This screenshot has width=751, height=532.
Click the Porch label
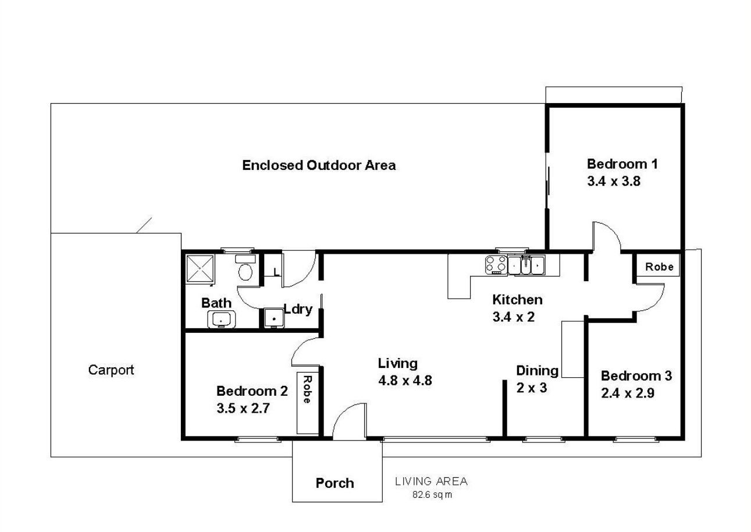pos(334,483)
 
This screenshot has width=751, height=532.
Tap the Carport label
pos(111,370)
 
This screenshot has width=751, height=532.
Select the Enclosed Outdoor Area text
pos(319,165)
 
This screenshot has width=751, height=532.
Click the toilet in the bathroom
pos(245,268)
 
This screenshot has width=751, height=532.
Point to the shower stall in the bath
pos(200,268)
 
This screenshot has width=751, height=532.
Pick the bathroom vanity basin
pos(221,319)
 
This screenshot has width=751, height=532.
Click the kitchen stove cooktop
pos(496,265)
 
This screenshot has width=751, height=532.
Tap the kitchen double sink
pos(526,265)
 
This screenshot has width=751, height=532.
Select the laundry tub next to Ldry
pos(274,318)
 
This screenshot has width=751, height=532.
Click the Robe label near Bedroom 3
pos(659,267)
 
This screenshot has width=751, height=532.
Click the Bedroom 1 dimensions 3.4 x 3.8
pos(614,181)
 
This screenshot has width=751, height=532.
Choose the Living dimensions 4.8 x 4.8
pos(405,381)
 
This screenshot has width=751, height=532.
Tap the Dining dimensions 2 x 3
pos(531,388)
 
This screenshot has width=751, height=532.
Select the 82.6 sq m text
pos(432,495)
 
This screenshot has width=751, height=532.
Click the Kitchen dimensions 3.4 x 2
pos(513,317)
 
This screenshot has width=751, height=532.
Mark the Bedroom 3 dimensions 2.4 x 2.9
pos(628,393)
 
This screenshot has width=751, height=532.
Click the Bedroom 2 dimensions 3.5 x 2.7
pos(243,409)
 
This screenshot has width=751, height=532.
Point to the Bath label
pos(216,303)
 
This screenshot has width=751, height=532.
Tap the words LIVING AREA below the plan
pos(431,482)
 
